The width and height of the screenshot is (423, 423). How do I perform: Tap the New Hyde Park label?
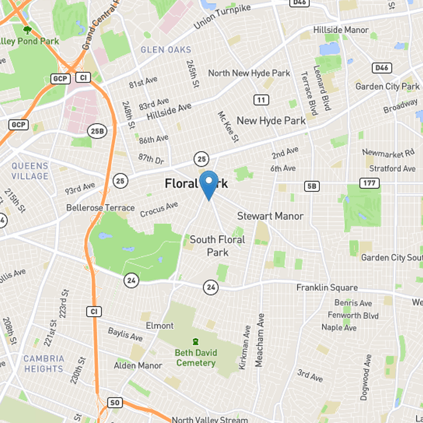click(271, 121)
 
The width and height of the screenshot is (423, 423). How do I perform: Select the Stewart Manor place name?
click(270, 216)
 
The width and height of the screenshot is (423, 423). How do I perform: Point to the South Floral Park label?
click(217, 246)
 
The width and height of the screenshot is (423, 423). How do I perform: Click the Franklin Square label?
click(327, 288)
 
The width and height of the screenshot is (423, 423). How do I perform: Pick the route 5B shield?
click(312, 186)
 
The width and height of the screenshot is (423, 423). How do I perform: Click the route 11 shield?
click(260, 100)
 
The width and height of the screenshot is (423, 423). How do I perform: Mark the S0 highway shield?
click(115, 403)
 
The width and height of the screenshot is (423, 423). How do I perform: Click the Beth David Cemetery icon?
click(196, 342)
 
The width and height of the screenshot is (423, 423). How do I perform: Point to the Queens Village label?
click(30, 171)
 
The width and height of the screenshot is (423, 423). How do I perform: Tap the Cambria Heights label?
click(43, 363)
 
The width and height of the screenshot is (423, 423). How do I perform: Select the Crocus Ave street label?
click(159, 209)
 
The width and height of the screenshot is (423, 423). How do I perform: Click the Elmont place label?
click(159, 325)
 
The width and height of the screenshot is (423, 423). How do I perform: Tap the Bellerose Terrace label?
click(100, 208)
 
